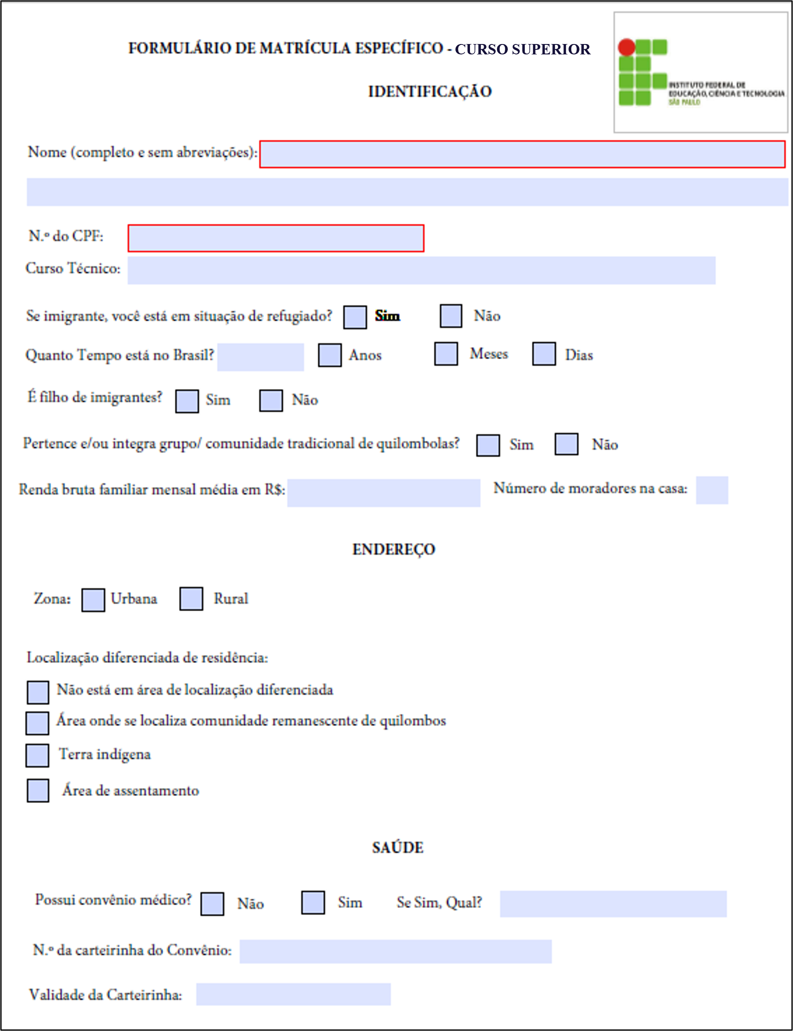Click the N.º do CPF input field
click(276, 238)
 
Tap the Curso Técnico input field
click(421, 270)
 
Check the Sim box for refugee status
click(355, 317)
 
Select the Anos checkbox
click(330, 355)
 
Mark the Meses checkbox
click(445, 354)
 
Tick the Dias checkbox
click(544, 354)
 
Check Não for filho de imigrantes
click(271, 401)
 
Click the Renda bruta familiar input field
click(383, 493)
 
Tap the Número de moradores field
click(712, 490)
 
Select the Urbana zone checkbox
click(93, 600)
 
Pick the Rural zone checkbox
click(191, 599)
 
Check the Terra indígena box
click(37, 755)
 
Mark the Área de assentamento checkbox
click(38, 791)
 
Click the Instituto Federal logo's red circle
click(627, 47)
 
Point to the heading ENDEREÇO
click(394, 549)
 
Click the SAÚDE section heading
click(397, 848)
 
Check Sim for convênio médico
click(313, 903)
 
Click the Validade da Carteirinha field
click(293, 994)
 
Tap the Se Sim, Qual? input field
click(613, 904)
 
